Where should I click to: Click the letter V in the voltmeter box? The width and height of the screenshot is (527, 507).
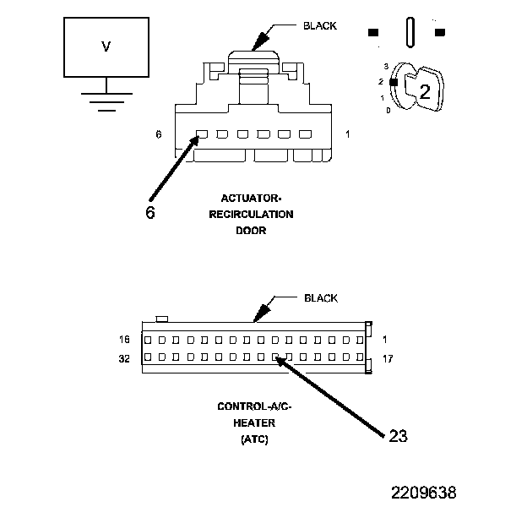coord(106,47)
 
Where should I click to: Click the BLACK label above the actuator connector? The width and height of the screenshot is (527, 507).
coord(319,25)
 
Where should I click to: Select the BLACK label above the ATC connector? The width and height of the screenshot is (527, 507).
coord(321,298)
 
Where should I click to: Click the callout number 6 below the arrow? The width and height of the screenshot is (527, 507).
coord(149,212)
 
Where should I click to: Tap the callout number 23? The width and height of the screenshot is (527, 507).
coord(398,436)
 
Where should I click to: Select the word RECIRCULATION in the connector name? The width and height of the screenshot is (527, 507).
coord(251,215)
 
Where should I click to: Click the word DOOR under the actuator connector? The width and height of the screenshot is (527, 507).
coord(251,231)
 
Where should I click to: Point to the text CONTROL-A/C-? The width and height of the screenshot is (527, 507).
coord(254,406)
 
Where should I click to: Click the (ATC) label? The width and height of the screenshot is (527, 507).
coord(254,439)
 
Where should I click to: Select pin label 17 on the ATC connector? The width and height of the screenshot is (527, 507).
coord(388,358)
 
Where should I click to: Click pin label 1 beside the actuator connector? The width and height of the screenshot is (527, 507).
coord(347,134)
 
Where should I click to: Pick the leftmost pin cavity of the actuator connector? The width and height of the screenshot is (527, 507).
coord(202,134)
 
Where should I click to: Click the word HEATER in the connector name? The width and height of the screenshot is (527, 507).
coord(254,422)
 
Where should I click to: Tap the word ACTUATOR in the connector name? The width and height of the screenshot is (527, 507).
coord(250,199)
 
